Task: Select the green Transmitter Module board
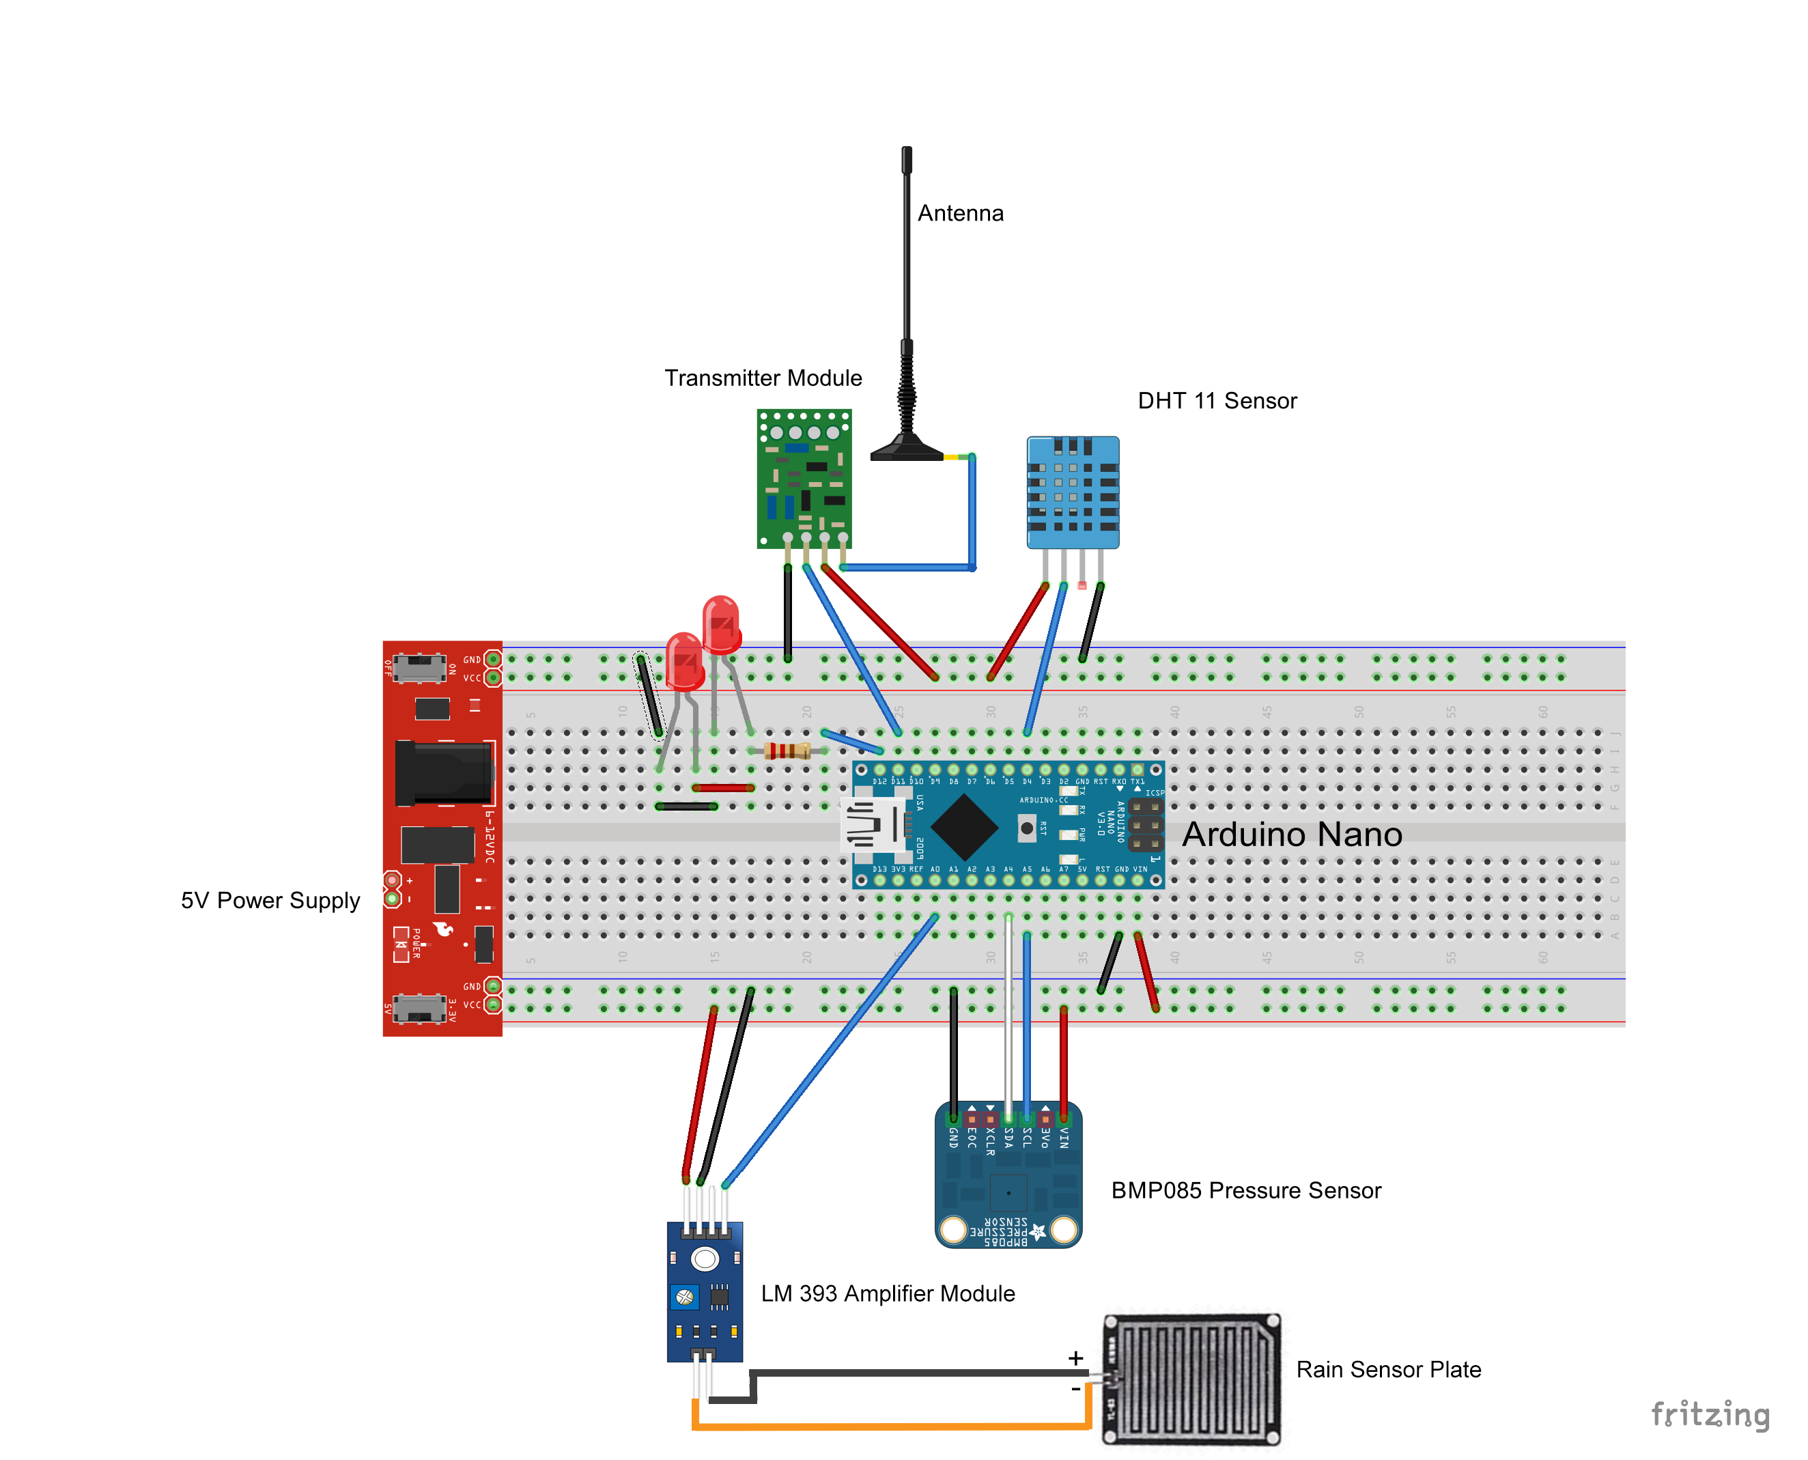click(803, 479)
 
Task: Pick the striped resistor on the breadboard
click(787, 751)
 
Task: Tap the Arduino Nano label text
click(1292, 834)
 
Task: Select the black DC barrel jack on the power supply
click(443, 772)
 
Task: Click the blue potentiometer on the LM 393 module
click(685, 1297)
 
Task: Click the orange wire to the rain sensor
click(892, 1427)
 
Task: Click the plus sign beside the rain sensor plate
click(1075, 1358)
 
